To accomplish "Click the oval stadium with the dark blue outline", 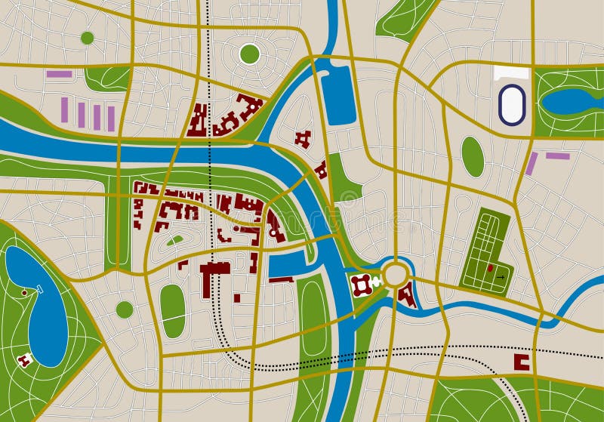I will click(x=512, y=103).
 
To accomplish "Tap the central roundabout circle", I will click(x=395, y=275).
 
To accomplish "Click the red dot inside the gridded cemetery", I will click(x=489, y=268).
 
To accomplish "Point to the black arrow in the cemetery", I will click(x=500, y=277).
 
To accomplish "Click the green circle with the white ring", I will click(x=249, y=54).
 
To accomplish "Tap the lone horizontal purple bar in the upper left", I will click(x=59, y=74).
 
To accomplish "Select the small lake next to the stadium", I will click(x=570, y=101).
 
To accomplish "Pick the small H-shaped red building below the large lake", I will click(x=23, y=361).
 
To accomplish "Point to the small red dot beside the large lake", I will click(x=24, y=292).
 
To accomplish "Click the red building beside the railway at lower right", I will click(x=522, y=362).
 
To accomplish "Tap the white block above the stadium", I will click(x=512, y=73).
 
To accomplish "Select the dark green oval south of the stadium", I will click(x=473, y=156).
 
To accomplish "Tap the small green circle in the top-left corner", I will click(x=87, y=38).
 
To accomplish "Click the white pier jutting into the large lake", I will click(x=40, y=289).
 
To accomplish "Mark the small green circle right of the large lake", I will click(x=125, y=310).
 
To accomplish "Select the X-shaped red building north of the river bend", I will click(x=304, y=138).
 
